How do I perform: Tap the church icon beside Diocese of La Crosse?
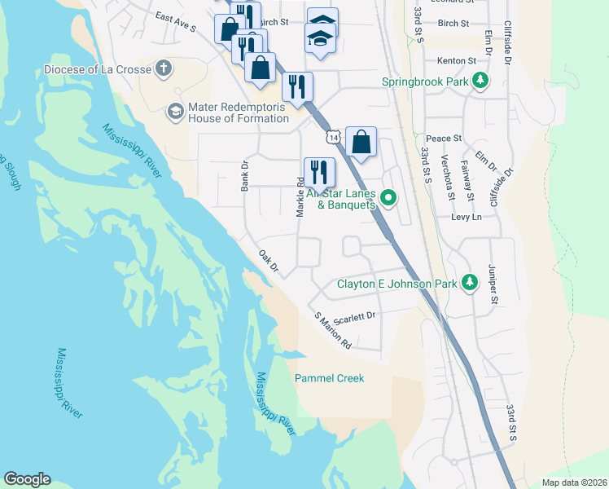coord(164,68)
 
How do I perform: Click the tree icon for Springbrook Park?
coord(481,81)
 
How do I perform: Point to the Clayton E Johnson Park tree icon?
coord(469,283)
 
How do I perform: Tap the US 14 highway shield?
coord(332,138)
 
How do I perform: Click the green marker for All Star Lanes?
coord(389,196)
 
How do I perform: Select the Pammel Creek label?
coord(329,378)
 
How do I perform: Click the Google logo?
coord(27,479)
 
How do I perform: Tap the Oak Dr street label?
coord(269,262)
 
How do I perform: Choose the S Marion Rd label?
coord(332,330)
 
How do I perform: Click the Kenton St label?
coord(456,61)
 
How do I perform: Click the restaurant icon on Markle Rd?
coord(318,173)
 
